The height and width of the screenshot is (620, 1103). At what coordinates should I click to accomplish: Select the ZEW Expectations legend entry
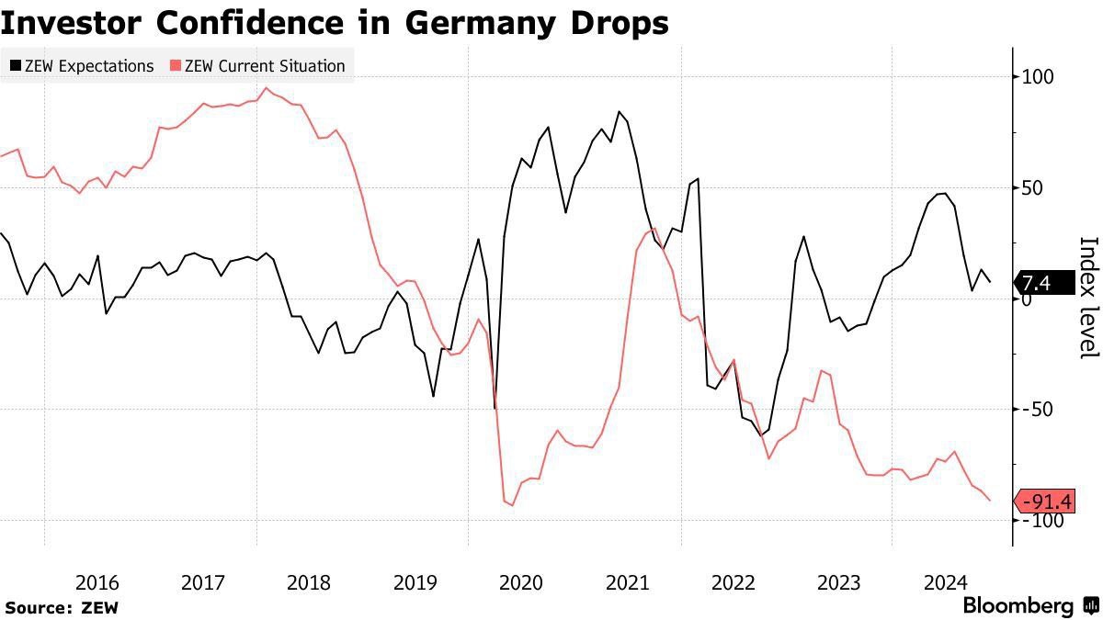click(82, 66)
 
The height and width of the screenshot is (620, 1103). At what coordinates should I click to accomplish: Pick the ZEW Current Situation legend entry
click(258, 66)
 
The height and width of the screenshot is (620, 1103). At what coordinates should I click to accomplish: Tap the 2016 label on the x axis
click(97, 582)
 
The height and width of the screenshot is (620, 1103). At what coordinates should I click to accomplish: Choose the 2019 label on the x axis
click(415, 582)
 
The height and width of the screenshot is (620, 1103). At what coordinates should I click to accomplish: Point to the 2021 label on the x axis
click(627, 582)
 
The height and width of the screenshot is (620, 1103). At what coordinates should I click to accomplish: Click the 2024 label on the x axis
click(944, 582)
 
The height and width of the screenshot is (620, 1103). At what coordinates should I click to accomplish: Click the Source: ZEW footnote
click(62, 607)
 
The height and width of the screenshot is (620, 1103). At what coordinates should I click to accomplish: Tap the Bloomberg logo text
click(1018, 606)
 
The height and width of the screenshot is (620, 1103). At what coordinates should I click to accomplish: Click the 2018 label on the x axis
click(309, 582)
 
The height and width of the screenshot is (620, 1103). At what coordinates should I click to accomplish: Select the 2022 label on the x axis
click(733, 582)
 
